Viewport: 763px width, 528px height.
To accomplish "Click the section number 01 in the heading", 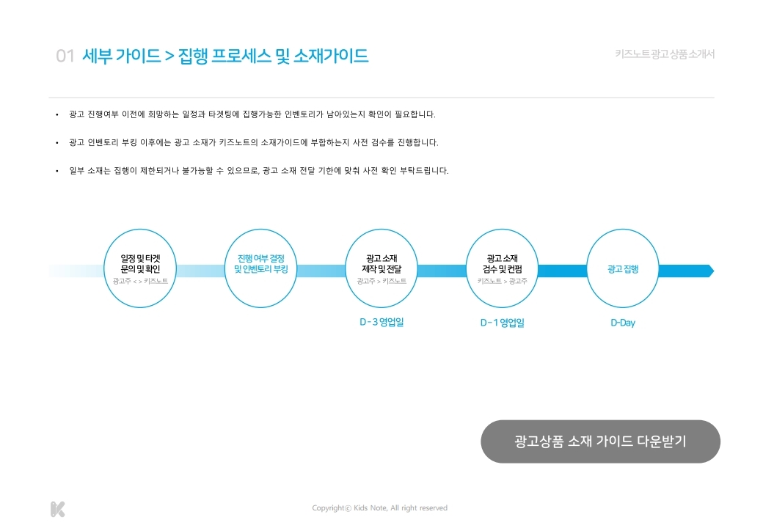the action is point(65,56).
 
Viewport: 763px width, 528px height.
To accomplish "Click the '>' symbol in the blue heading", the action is point(169,56).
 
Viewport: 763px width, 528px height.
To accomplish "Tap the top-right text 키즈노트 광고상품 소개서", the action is point(665,54).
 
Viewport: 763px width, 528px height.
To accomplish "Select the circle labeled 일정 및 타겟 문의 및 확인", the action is point(141,268).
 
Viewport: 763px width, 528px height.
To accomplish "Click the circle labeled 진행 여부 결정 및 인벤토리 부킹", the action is point(260,268).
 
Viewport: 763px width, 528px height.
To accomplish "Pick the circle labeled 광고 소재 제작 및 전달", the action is point(381,268).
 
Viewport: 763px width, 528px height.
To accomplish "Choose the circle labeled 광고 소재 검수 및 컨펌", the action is point(502,268).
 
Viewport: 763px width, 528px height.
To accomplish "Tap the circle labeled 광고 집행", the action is point(623,268).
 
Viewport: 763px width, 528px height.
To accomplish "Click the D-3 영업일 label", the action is point(381,322).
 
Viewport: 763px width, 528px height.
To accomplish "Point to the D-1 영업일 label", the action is point(502,323).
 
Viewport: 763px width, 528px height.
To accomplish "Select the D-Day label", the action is point(623,323).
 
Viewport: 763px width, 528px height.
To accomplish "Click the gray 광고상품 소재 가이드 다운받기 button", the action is point(600,441).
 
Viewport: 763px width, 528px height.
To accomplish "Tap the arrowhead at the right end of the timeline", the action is point(709,271).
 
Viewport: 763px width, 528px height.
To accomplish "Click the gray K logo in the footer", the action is point(58,509).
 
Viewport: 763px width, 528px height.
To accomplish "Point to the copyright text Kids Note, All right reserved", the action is point(379,508).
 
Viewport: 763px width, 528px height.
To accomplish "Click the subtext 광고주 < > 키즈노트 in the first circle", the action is point(140,281).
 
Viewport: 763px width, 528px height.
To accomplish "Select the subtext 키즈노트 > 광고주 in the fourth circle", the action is point(502,281).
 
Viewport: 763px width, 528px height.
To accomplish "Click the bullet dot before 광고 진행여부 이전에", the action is point(57,115).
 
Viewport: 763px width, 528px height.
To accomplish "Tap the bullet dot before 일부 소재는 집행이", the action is point(57,171).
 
